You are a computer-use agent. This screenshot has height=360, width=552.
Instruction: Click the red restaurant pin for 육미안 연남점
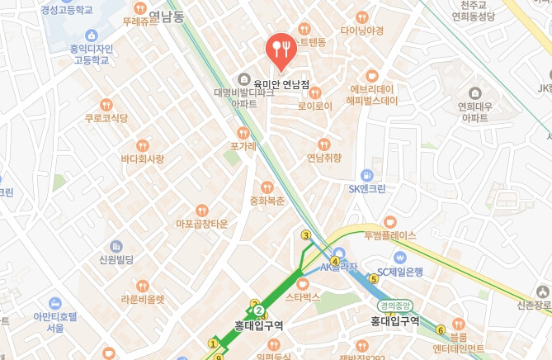click(x=281, y=51)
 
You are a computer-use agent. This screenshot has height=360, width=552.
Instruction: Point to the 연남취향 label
click(x=323, y=158)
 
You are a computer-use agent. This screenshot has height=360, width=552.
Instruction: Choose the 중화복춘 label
click(x=267, y=201)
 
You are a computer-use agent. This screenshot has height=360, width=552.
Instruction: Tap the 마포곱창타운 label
click(x=201, y=224)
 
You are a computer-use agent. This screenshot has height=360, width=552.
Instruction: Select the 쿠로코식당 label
click(x=106, y=118)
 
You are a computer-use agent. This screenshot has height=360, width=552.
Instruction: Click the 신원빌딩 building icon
click(x=116, y=246)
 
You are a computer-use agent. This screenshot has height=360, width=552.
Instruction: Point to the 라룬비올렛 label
click(x=143, y=299)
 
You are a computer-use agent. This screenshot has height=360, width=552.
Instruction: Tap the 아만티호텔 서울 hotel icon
click(x=55, y=303)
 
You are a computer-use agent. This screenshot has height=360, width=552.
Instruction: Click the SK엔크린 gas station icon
click(x=366, y=175)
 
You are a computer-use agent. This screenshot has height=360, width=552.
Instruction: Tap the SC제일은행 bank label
click(x=399, y=272)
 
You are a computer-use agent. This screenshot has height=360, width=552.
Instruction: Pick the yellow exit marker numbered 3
click(x=306, y=235)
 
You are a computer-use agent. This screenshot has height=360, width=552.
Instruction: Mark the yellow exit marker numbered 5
click(x=373, y=279)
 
